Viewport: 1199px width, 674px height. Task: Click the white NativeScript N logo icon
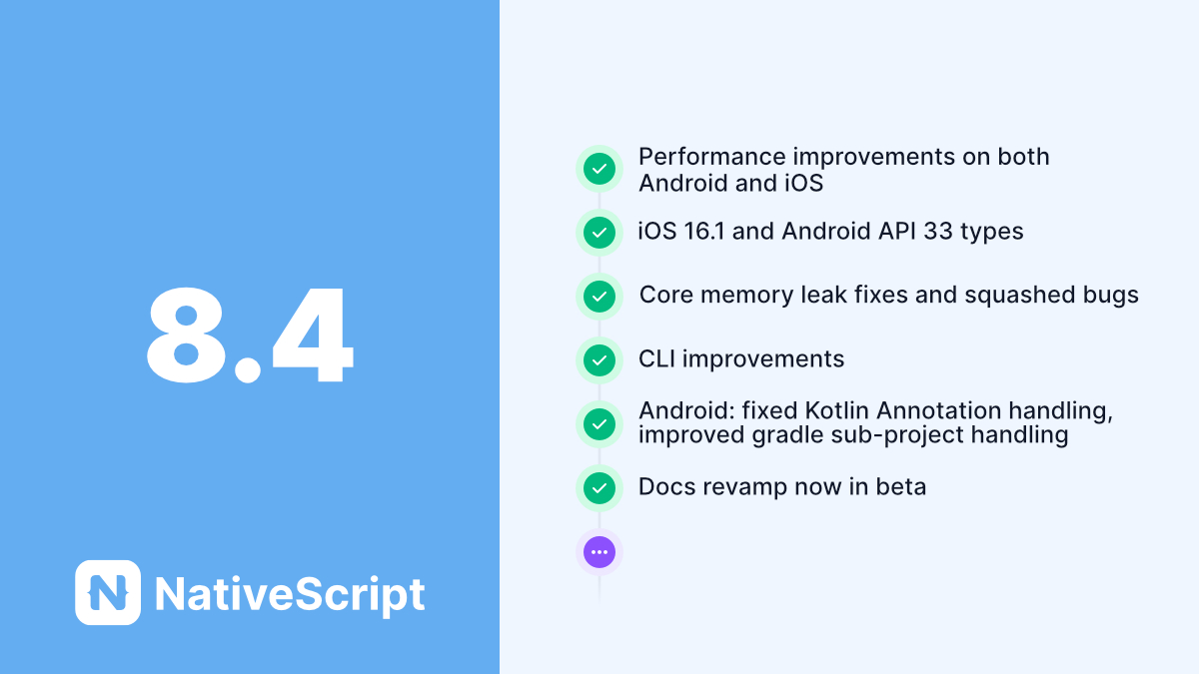(x=108, y=592)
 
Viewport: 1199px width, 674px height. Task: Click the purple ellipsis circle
(x=599, y=551)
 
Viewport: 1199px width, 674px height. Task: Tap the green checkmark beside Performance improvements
(x=599, y=169)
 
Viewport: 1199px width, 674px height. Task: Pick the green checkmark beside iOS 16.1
(x=599, y=233)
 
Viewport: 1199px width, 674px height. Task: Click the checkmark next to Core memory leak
(x=599, y=297)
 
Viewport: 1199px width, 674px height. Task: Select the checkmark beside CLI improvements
(x=599, y=360)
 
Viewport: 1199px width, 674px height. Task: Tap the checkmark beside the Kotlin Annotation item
(x=599, y=424)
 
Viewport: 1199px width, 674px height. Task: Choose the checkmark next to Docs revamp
(x=599, y=488)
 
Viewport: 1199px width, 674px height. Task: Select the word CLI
(x=657, y=359)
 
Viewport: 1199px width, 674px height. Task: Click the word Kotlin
(x=828, y=410)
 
